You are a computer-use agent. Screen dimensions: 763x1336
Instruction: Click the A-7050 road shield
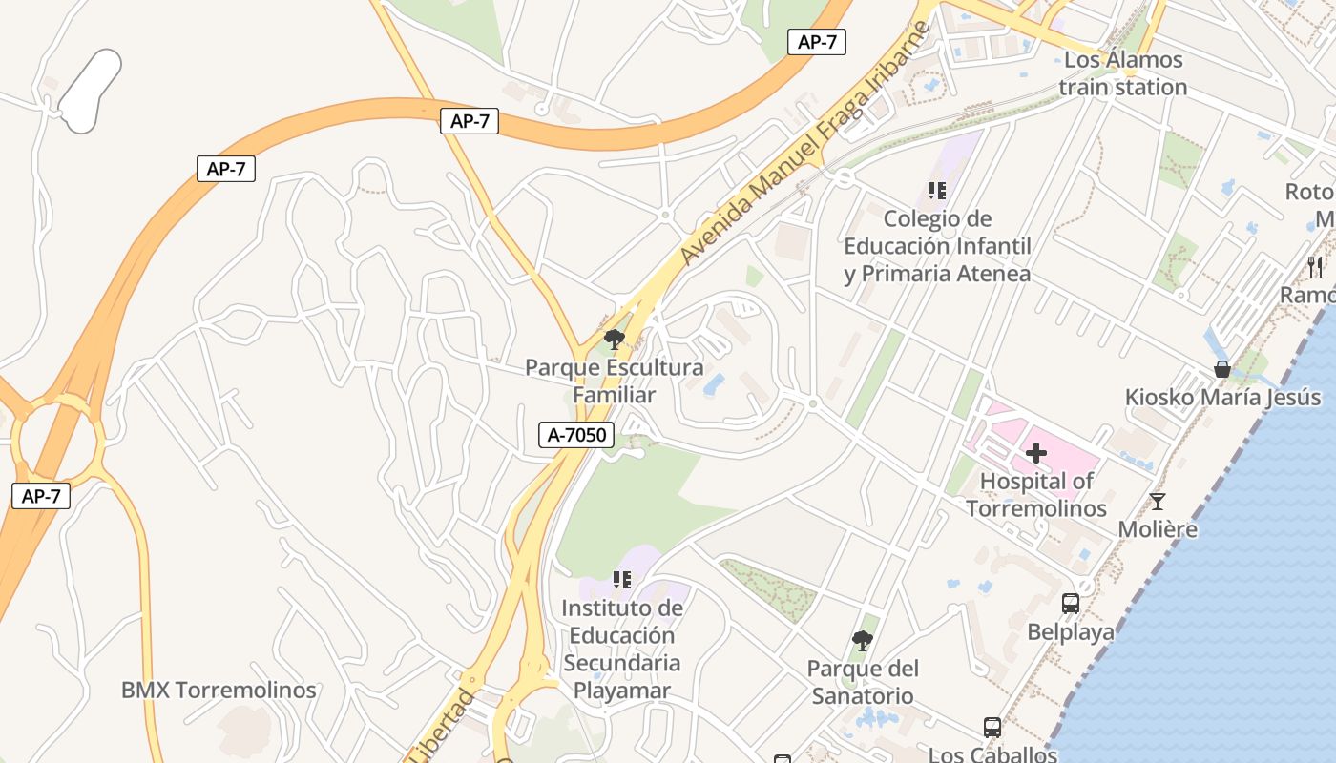pos(575,435)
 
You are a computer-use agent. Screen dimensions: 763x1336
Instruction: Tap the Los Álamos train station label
pos(1123,73)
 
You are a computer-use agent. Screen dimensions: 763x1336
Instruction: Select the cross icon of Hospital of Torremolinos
pos(1035,453)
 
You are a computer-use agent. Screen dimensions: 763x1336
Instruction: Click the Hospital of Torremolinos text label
pos(1036,494)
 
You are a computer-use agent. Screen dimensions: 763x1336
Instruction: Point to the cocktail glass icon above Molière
pos(1158,501)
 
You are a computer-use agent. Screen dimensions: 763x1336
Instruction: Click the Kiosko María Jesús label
pos(1222,397)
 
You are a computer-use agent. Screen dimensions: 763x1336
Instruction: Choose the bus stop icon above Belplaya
pos(1071,603)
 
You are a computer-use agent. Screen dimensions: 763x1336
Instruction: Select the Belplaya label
pos(1071,631)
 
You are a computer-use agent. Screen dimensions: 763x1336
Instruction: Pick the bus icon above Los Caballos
pos(992,728)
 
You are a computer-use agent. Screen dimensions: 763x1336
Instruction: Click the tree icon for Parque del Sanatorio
pos(862,639)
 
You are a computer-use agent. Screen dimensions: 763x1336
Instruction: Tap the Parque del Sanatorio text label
pos(862,682)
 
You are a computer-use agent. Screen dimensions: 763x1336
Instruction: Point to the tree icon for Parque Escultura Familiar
pos(615,339)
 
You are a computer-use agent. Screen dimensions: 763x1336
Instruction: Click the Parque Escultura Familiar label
pos(615,381)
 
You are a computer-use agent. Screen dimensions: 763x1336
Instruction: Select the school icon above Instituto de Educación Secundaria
pos(621,579)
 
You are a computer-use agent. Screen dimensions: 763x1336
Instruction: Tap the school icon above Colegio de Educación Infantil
pos(936,191)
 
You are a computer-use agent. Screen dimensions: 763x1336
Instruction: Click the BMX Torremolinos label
pos(219,690)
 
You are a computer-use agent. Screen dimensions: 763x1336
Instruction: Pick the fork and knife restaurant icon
pos(1315,266)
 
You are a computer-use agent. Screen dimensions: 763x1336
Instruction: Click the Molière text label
pos(1157,528)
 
